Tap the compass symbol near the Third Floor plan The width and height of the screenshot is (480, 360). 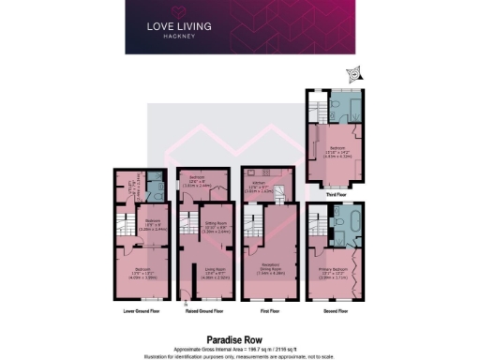click(355, 73)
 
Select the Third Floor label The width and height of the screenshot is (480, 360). click(337, 195)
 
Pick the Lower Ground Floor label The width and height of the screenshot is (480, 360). click(137, 310)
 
